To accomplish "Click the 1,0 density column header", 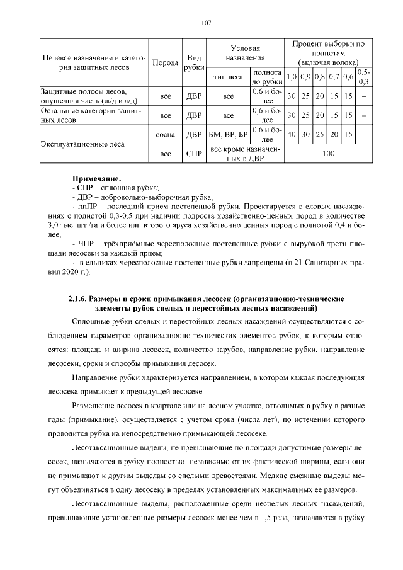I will point(292,77).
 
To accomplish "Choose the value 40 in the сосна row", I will point(292,135).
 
